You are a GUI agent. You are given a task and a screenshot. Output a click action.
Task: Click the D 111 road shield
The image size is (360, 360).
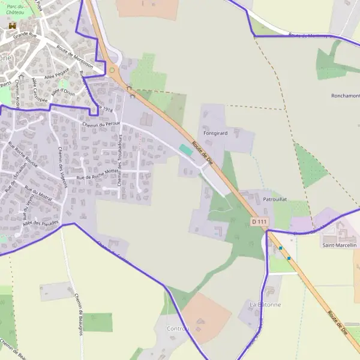coord(259,222)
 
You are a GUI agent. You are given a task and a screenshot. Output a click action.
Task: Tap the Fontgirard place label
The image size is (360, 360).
coord(215,133)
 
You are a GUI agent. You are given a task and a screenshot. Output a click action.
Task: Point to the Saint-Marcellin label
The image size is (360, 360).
coord(340,245)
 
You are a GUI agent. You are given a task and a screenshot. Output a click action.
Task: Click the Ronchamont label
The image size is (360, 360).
coord(345,96)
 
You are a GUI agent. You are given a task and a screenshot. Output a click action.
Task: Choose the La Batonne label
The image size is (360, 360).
coord(265,305)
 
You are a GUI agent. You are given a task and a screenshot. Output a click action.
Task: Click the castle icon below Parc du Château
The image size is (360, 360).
coord(12,26)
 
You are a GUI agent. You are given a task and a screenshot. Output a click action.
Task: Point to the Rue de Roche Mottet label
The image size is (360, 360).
coord(99,174)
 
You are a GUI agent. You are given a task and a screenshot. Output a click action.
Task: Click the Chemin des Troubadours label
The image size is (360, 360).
coord(120,158)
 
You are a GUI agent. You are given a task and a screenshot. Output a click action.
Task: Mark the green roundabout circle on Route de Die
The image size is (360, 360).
coord(112,70)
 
